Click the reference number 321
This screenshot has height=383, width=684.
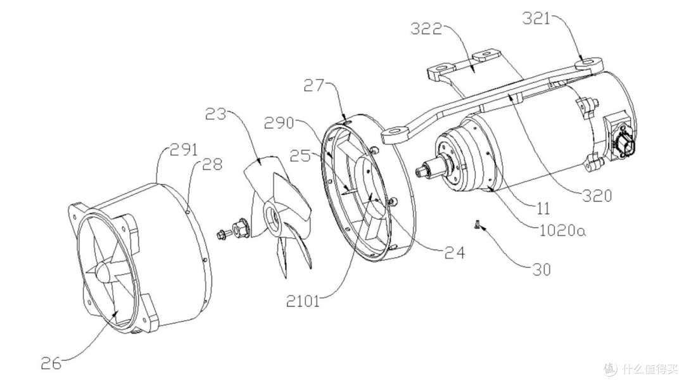(x=536, y=19)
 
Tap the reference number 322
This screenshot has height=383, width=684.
(x=426, y=29)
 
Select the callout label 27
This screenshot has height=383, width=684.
(x=314, y=85)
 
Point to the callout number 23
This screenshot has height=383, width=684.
(x=216, y=115)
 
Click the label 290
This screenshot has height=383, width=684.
(x=279, y=123)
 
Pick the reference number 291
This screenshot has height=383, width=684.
(x=183, y=151)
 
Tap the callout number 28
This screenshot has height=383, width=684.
(x=212, y=165)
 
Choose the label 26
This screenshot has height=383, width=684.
(x=51, y=363)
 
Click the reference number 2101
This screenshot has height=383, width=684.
(x=303, y=301)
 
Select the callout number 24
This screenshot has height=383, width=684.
(x=455, y=252)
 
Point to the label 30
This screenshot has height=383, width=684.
(x=541, y=270)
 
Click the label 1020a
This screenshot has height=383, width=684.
(x=563, y=230)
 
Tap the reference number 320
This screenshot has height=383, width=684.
(x=597, y=196)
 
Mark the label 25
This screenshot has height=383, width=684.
(x=301, y=156)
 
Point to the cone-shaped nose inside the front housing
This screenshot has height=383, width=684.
(x=102, y=272)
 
